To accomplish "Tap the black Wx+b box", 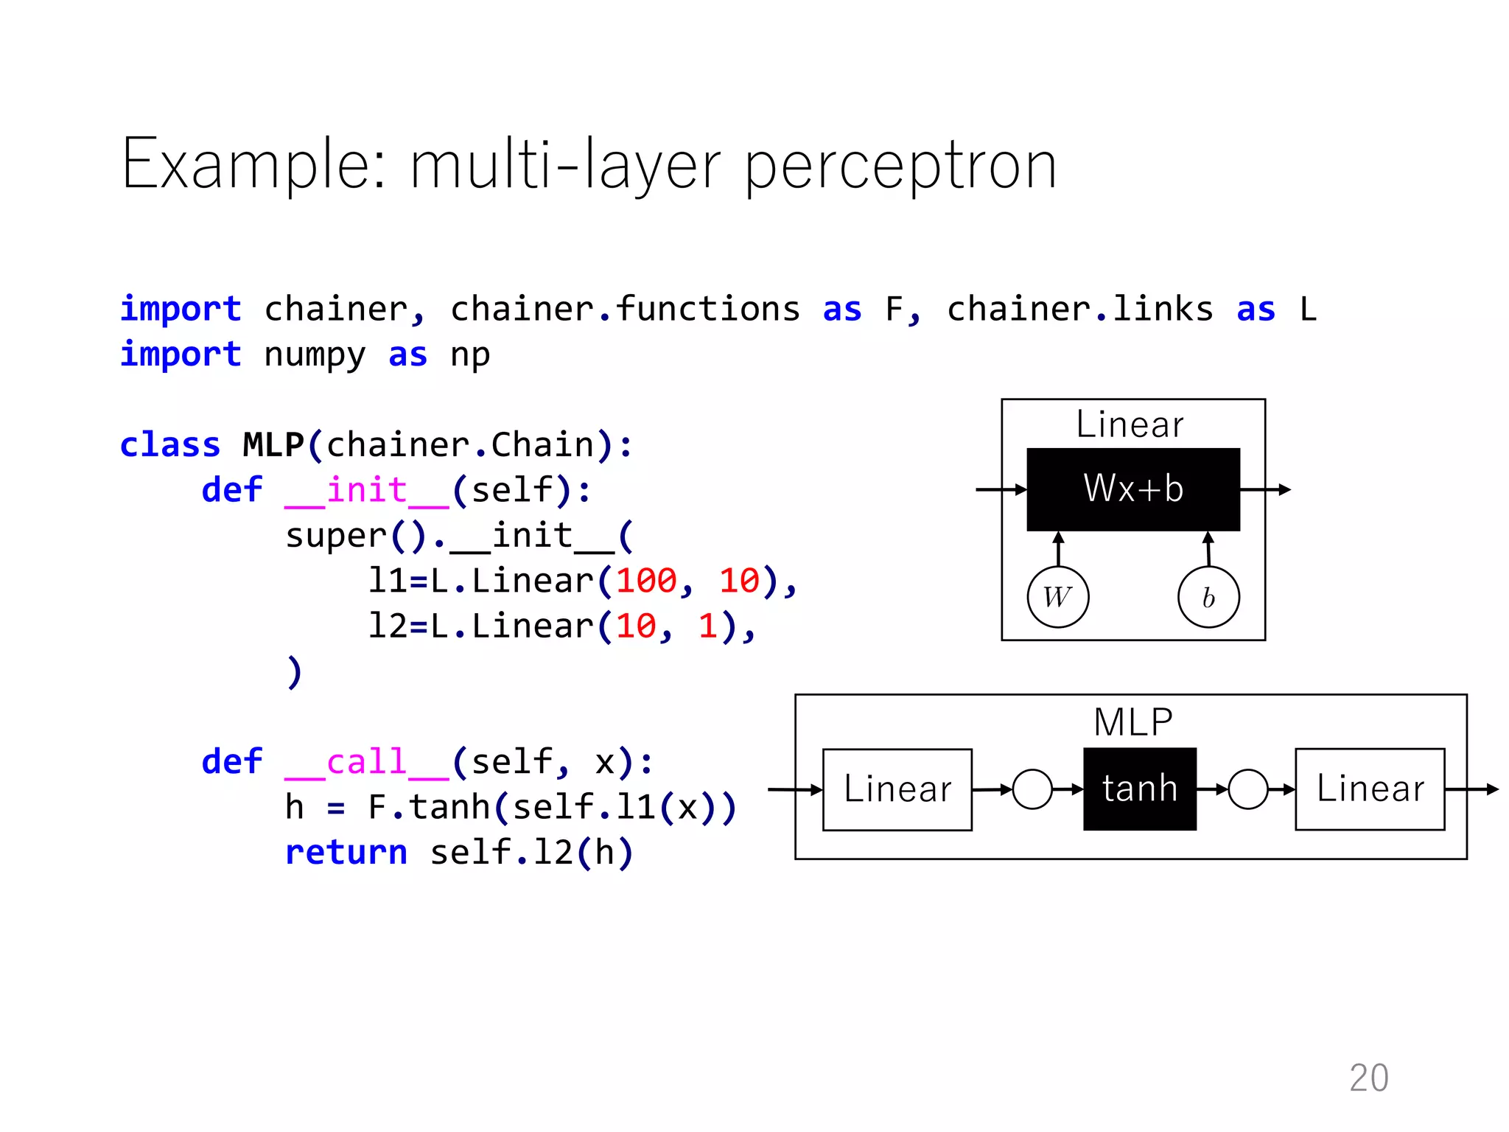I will [1132, 489].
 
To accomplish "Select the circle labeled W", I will [1058, 597].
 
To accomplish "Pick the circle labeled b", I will [1208, 597].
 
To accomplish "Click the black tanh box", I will [1139, 789].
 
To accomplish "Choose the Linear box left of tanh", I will [897, 789].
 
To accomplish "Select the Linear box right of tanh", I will [1370, 789].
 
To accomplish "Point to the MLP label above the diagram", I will [1132, 722].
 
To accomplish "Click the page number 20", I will [1368, 1077].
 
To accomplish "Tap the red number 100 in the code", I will [646, 581].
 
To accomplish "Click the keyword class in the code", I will [169, 445].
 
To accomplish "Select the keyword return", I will [346, 853].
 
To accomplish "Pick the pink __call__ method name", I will [366, 762].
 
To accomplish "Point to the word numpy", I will [315, 355].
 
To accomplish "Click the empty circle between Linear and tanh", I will [1032, 789].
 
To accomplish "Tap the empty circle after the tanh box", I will [1248, 789].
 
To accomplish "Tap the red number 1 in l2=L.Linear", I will [707, 626].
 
